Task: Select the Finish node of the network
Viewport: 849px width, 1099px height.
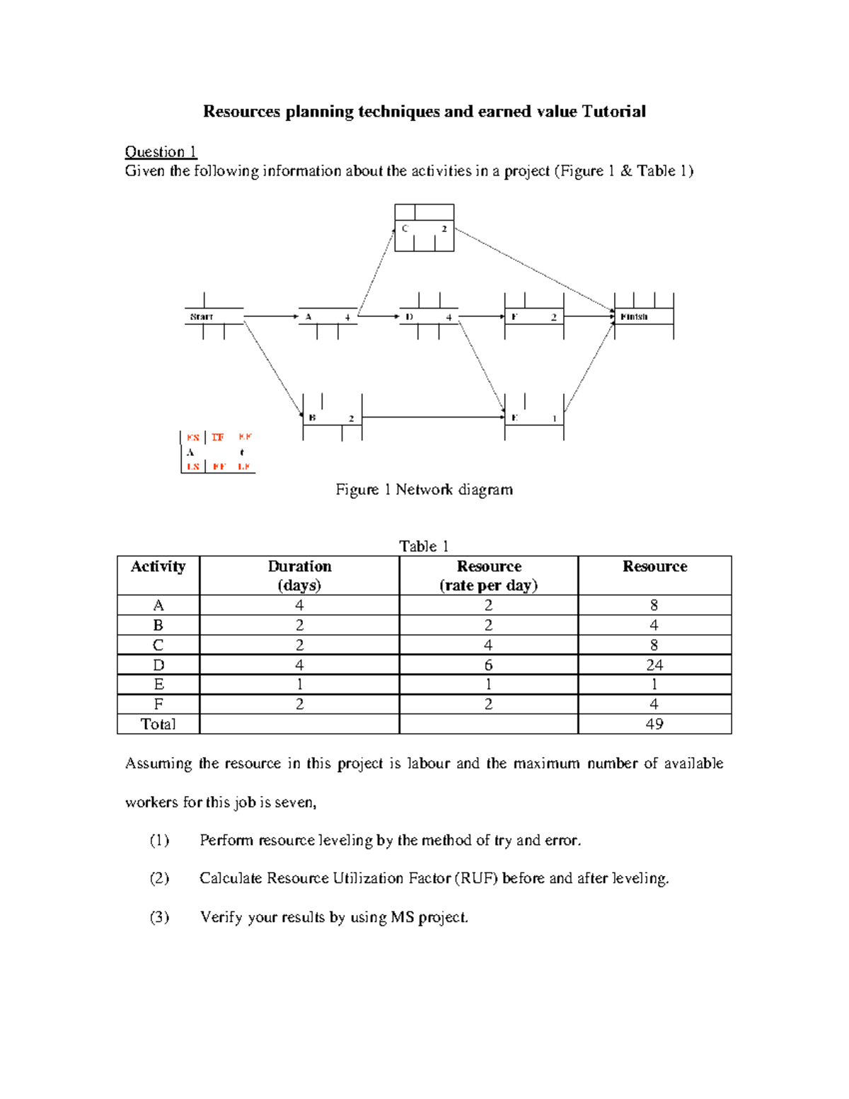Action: tap(643, 316)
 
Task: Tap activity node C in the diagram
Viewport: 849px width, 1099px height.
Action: tap(424, 228)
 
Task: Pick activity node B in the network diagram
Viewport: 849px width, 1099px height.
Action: tap(332, 418)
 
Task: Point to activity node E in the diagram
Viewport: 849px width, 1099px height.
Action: tap(534, 418)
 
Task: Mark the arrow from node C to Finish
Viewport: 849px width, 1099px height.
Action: tap(534, 269)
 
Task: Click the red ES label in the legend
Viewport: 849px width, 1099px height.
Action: tap(192, 437)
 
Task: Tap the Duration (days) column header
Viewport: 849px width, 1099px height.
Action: tap(299, 575)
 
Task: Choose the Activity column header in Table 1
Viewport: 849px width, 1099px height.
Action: tap(158, 567)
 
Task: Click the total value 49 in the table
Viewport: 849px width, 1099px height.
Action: tap(654, 724)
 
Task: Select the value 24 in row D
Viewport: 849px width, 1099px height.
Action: tap(654, 664)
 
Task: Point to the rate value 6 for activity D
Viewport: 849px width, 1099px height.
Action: tap(488, 664)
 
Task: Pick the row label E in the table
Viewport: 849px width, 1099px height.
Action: tap(158, 684)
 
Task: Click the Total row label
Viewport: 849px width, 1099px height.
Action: tap(158, 724)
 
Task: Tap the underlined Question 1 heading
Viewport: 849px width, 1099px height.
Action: tap(161, 151)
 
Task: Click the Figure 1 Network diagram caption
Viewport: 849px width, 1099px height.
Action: tap(424, 490)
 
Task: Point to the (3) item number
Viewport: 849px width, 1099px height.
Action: tap(159, 917)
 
